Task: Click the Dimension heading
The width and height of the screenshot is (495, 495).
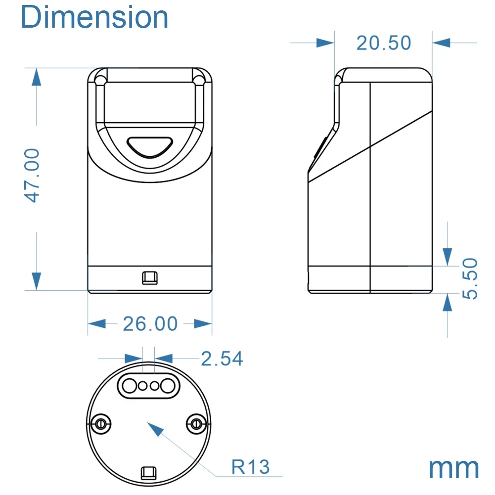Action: pos(94,17)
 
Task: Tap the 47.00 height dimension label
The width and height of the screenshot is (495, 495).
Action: pos(32,175)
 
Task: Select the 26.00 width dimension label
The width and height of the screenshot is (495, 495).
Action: pos(150,324)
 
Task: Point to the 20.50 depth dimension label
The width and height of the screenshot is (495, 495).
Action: pos(384,43)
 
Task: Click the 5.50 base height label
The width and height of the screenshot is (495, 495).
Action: pos(470,278)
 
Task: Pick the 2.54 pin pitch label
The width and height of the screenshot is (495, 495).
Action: pos(222,359)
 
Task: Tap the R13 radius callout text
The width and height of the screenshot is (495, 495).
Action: pos(251,467)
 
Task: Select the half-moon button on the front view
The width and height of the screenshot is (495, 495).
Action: pos(150,147)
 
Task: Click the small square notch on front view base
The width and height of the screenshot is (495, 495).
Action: pos(150,278)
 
